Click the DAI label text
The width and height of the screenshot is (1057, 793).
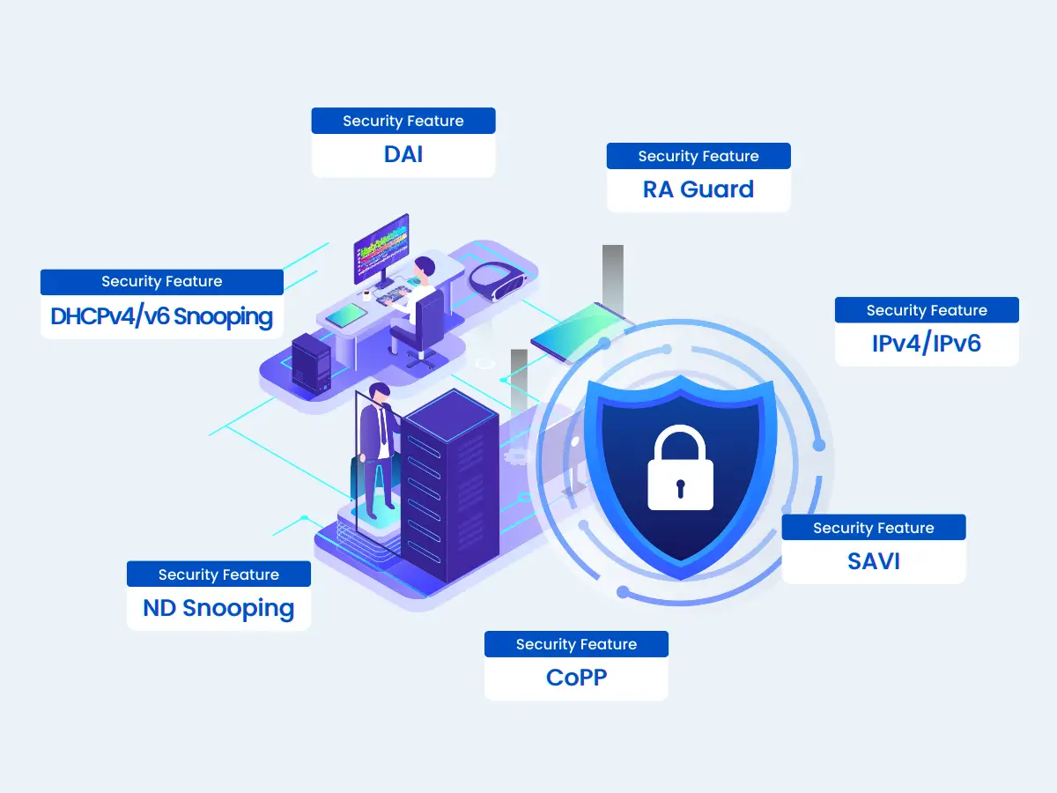tap(403, 154)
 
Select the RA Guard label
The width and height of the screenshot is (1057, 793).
tap(699, 189)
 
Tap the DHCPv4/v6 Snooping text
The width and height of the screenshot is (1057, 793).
tap(162, 316)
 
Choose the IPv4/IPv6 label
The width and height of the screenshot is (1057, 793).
tap(927, 344)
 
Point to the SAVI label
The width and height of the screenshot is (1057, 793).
tap(874, 561)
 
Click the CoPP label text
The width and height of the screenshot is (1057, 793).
tap(576, 678)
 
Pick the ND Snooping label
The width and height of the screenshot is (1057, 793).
tap(218, 608)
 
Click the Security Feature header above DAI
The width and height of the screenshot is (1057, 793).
tap(403, 121)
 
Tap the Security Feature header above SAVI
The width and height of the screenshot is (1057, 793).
tap(874, 528)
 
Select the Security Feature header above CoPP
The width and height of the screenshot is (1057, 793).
tap(576, 644)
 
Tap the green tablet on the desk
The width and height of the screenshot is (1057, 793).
tap(347, 315)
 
